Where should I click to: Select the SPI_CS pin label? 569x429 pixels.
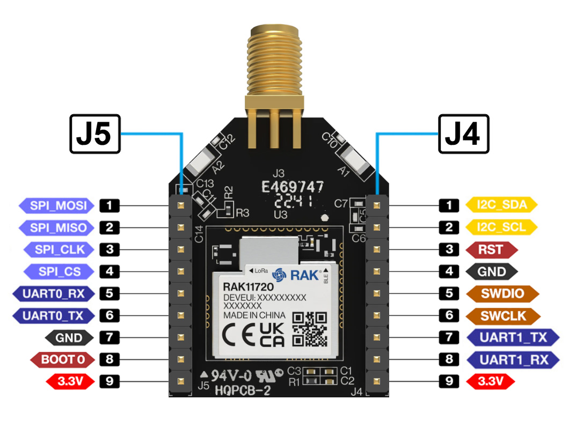[59, 271]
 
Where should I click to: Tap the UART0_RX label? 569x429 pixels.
[53, 294]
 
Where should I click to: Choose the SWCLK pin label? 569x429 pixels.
[502, 315]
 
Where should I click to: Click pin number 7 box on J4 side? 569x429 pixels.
[448, 338]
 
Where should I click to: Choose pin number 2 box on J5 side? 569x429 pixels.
[110, 227]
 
